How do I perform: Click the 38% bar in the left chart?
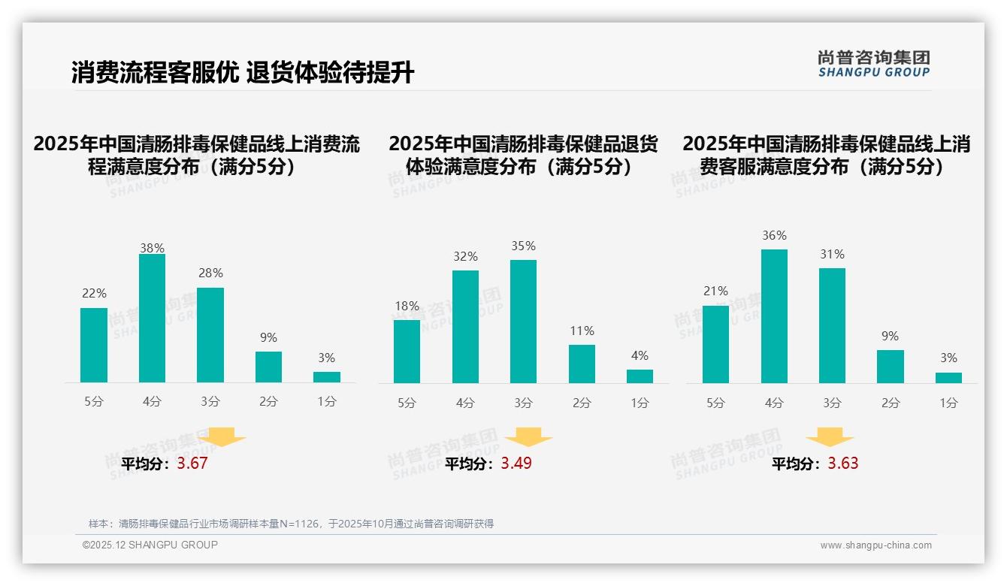(x=152, y=319)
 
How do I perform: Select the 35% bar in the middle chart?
(x=523, y=322)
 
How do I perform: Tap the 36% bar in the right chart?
(x=774, y=316)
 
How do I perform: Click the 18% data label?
(x=407, y=306)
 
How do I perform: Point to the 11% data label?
(x=582, y=331)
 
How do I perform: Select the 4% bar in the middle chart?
(x=640, y=376)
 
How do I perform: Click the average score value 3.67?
(x=192, y=464)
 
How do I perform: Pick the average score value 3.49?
(x=516, y=464)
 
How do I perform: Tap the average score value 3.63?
(x=843, y=464)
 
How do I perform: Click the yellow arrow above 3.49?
(x=528, y=437)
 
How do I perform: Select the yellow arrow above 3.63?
(x=830, y=437)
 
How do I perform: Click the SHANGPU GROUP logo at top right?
(x=873, y=64)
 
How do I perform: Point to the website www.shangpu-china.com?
(x=875, y=545)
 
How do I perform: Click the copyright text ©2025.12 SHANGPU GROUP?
(x=150, y=545)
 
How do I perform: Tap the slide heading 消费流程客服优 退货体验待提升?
(x=243, y=73)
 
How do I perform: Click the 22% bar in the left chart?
(x=94, y=345)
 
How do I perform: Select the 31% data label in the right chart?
(x=832, y=255)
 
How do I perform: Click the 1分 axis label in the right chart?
(x=948, y=403)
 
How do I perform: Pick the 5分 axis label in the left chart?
(x=94, y=402)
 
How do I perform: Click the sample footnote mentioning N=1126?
(x=291, y=524)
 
